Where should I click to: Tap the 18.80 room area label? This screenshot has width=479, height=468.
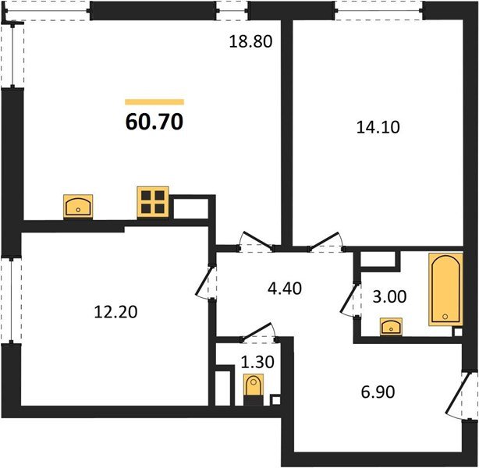(x=250, y=43)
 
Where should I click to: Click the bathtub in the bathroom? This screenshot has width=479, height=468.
(x=445, y=289)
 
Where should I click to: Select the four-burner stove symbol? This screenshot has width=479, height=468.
(x=153, y=201)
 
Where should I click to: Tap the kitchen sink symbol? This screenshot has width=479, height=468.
(x=78, y=206)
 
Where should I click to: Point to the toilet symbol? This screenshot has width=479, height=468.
(x=254, y=385)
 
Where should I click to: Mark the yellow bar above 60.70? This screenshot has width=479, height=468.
(x=154, y=101)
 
